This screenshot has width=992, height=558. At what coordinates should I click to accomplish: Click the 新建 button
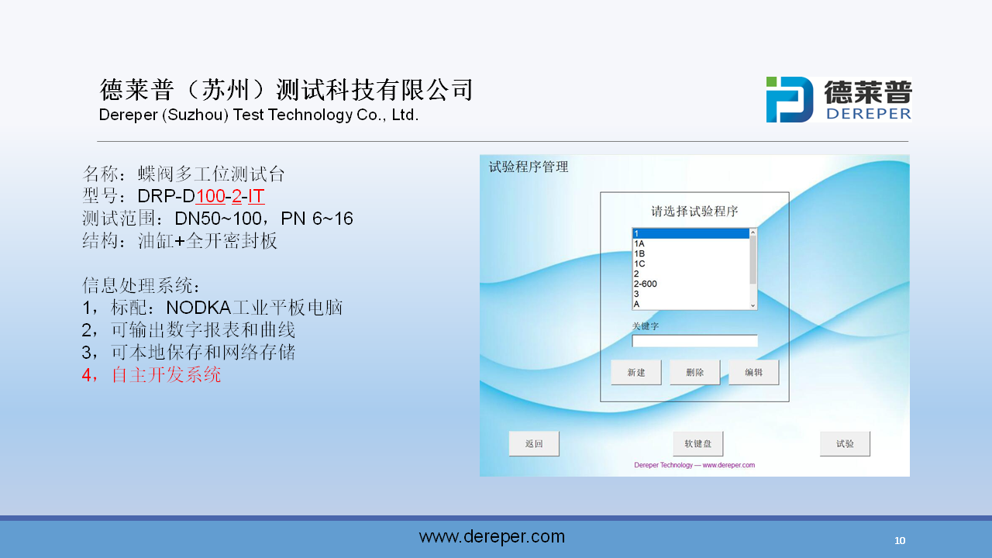636,373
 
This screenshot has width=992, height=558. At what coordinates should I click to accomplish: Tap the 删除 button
695,373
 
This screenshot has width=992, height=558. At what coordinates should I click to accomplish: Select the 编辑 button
754,373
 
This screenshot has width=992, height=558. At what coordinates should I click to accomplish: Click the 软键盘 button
698,444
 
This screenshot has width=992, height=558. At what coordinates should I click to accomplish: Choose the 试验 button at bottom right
845,444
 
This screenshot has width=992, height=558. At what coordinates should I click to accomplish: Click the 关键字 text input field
694,341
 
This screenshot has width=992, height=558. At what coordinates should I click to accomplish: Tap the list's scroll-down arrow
753,305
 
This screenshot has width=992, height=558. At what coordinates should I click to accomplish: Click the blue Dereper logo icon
790,100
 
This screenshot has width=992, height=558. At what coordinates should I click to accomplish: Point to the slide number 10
900,541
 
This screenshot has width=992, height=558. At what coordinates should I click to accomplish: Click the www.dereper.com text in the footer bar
492,537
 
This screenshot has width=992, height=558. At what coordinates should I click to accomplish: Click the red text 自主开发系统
166,374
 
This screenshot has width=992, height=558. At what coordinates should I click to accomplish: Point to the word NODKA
198,308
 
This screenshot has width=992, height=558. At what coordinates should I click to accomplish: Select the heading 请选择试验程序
694,212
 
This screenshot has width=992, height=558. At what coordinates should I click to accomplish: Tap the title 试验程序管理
529,167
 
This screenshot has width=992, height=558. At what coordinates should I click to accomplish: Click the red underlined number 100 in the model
210,196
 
